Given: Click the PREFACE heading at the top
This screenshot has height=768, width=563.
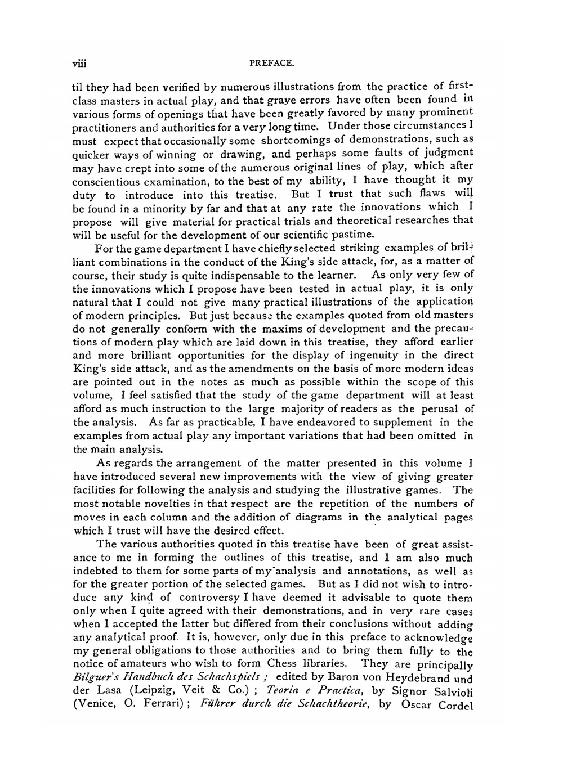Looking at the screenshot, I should (272, 64).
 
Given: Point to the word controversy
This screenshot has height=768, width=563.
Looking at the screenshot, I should (203, 598).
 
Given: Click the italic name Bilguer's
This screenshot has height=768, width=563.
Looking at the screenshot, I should (96, 679).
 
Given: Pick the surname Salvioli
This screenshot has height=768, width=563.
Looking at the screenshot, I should (450, 692).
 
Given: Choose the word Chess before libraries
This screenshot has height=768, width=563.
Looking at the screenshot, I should (289, 664).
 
